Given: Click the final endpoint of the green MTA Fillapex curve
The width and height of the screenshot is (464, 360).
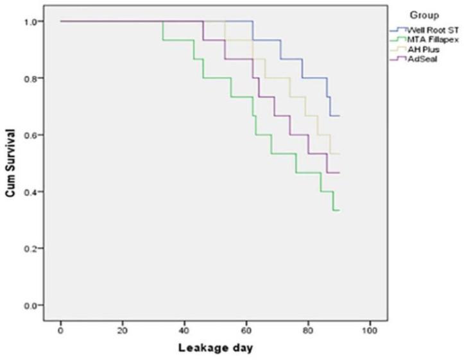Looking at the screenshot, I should point(339,210).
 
